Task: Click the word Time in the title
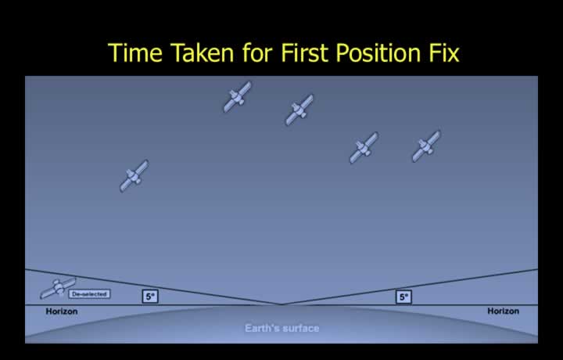pyautogui.click(x=135, y=52)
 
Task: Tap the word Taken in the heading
pyautogui.click(x=202, y=52)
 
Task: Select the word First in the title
pyautogui.click(x=304, y=52)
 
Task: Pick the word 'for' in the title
pyautogui.click(x=257, y=52)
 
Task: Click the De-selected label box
pyautogui.click(x=89, y=294)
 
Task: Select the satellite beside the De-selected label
pyautogui.click(x=58, y=287)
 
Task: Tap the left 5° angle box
pyautogui.click(x=150, y=297)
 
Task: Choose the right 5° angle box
pyautogui.click(x=403, y=297)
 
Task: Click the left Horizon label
pyautogui.click(x=62, y=311)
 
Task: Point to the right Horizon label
pyautogui.click(x=503, y=311)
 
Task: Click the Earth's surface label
pyautogui.click(x=281, y=328)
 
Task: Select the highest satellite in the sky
pyautogui.click(x=238, y=96)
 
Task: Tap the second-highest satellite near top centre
pyautogui.click(x=299, y=110)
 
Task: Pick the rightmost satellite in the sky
pyautogui.click(x=426, y=146)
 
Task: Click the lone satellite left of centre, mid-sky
pyautogui.click(x=134, y=176)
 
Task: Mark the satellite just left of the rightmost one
pyautogui.click(x=364, y=148)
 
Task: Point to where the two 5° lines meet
pyautogui.click(x=281, y=304)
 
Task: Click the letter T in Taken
pyautogui.click(x=177, y=52)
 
